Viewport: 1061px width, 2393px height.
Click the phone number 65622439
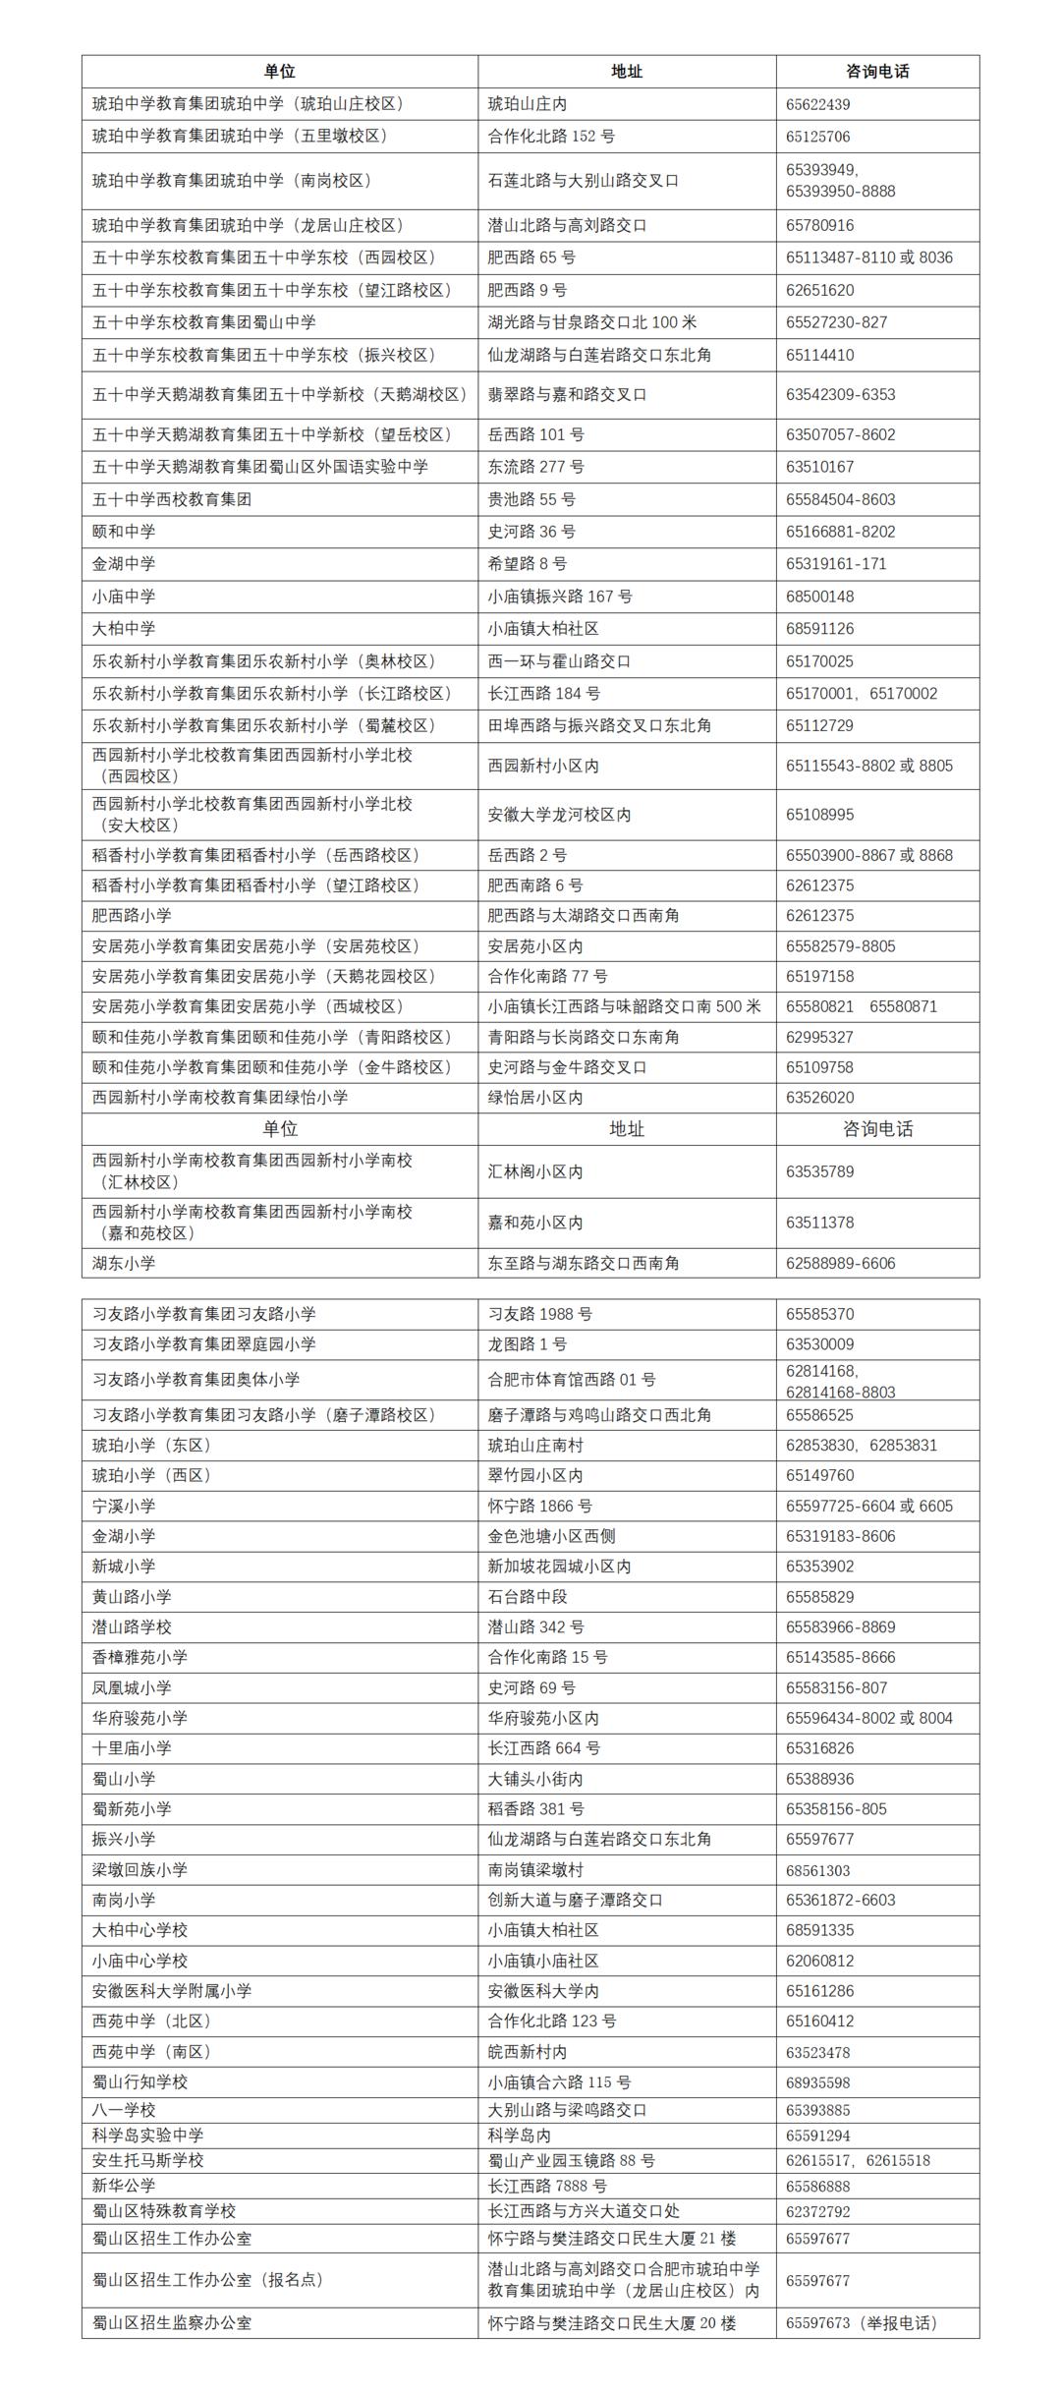coord(817,104)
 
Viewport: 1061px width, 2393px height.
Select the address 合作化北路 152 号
coord(551,137)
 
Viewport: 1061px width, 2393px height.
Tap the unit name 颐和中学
coord(124,532)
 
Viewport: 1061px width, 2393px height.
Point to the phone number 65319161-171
coord(836,564)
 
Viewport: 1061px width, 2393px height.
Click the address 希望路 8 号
coord(528,564)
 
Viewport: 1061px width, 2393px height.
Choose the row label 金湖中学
coord(124,564)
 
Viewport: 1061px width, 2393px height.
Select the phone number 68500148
coord(819,597)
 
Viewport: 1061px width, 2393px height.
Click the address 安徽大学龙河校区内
coord(559,815)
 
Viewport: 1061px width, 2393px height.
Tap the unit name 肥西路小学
coord(132,916)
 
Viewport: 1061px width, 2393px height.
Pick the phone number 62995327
coord(819,1037)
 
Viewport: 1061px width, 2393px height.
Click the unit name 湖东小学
coord(124,1263)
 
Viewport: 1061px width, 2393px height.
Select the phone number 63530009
coord(819,1344)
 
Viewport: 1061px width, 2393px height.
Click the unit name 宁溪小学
coord(124,1506)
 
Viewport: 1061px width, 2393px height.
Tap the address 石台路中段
coord(528,1597)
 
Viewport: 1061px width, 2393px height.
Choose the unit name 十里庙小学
coord(132,1748)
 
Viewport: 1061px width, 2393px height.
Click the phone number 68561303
coord(817,1870)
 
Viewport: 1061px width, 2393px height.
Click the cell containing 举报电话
coord(861,2323)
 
